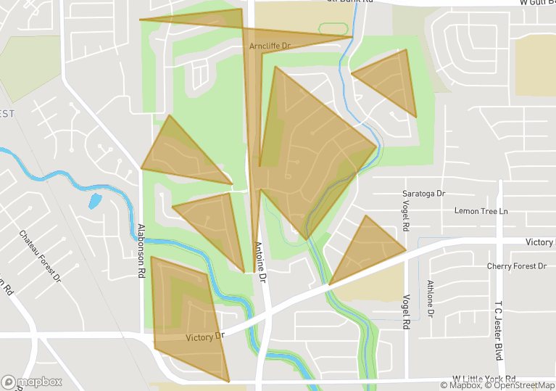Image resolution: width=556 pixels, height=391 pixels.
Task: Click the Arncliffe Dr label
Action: coord(270,46)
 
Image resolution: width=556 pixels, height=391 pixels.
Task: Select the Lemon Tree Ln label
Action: coord(481,211)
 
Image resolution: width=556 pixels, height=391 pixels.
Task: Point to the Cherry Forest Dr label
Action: coord(517,266)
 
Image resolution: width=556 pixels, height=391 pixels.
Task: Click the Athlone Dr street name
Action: coord(431,298)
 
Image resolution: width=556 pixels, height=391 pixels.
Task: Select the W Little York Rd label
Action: coord(484,379)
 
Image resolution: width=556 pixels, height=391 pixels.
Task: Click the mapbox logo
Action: coord(32,382)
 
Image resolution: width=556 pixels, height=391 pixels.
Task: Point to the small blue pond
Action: coord(95,200)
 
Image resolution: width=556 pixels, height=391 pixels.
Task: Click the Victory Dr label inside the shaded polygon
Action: coord(206,337)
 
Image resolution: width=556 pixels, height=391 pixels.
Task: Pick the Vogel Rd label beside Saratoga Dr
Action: coord(404,218)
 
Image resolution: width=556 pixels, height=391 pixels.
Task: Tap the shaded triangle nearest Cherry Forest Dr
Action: coord(365,250)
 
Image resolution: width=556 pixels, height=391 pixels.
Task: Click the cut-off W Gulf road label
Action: coord(536,3)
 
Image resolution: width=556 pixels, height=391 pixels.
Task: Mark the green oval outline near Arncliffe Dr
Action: coord(333,29)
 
